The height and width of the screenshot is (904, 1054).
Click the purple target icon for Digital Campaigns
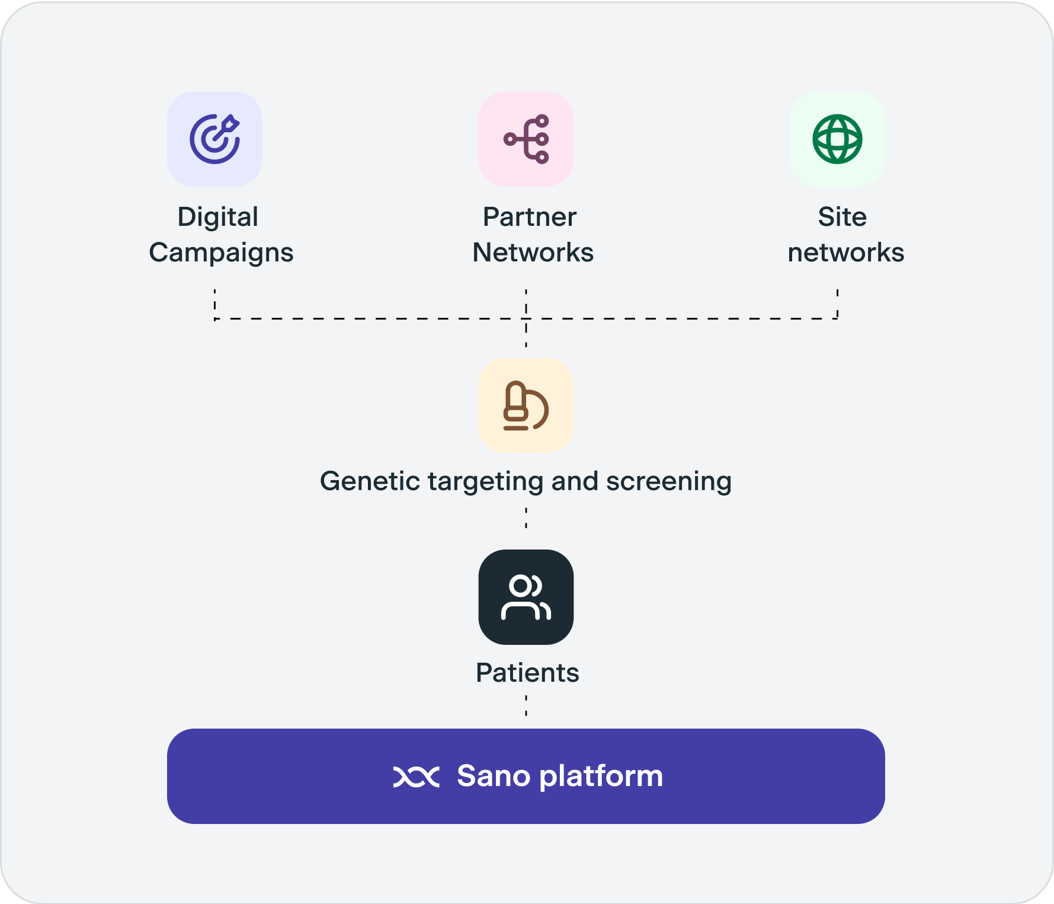point(214,139)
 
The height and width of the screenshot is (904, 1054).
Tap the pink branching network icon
point(526,139)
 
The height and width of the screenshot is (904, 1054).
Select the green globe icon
point(837,139)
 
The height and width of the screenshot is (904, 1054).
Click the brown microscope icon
point(526,405)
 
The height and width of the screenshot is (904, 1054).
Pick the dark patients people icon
point(526,597)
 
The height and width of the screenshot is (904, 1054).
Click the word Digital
point(218,217)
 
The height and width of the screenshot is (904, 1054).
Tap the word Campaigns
point(221,253)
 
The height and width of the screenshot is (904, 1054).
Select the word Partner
point(529,217)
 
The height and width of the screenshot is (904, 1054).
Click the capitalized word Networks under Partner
point(533,253)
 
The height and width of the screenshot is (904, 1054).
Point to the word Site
point(842,217)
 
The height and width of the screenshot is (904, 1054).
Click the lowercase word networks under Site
point(845,253)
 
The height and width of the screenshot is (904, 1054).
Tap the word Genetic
point(370,481)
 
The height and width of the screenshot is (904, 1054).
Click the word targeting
point(485,481)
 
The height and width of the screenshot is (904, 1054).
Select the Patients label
point(527,673)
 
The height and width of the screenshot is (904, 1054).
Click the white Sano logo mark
point(416,777)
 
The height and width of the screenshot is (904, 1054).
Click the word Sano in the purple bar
point(493,777)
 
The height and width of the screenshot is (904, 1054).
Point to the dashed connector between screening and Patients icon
point(526,518)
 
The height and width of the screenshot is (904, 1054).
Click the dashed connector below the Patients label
point(526,706)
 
